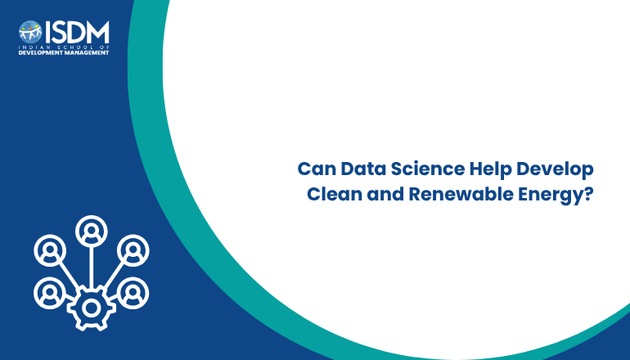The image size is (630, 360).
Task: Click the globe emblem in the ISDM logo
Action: [x=30, y=32]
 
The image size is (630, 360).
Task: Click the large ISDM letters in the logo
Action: [x=77, y=33]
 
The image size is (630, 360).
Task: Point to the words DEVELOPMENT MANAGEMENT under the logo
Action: [x=64, y=52]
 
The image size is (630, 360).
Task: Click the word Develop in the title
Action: [x=555, y=170]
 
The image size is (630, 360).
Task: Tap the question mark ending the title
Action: [x=587, y=194]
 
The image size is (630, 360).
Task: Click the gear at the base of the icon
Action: [x=92, y=308]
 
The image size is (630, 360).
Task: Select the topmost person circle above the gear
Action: [x=92, y=232]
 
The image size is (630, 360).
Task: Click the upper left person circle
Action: [x=50, y=250]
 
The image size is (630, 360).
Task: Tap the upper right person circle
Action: [x=133, y=250]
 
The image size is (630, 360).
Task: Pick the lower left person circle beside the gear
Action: [x=50, y=293]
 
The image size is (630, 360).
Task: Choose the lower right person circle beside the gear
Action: [x=133, y=293]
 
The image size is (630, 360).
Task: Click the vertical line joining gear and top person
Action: [x=92, y=268]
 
